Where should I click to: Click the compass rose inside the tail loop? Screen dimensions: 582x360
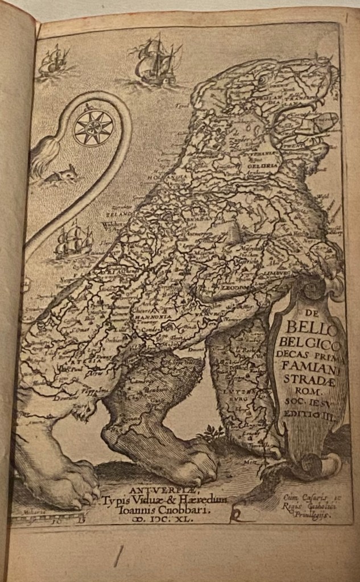point(93,128)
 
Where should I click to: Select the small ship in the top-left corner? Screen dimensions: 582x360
point(53,60)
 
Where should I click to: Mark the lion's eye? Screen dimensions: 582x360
point(263,81)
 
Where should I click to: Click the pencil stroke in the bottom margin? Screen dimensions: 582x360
point(119,556)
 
